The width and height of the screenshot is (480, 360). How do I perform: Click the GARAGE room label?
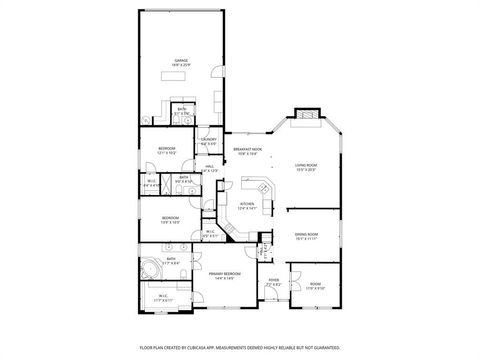(x=182, y=61)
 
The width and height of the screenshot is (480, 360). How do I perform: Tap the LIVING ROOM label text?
(x=306, y=166)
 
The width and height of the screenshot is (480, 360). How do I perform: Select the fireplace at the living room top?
(x=306, y=117)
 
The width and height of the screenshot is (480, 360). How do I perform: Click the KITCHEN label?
(x=247, y=205)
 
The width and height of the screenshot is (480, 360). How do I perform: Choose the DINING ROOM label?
(x=306, y=236)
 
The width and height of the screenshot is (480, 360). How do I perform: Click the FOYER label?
(x=274, y=283)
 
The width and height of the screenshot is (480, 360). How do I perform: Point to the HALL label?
(x=210, y=169)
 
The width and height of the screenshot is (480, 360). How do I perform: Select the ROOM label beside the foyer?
(x=314, y=285)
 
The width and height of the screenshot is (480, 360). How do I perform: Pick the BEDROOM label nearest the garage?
(x=167, y=150)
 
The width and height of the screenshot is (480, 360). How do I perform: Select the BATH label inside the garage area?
(x=180, y=112)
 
